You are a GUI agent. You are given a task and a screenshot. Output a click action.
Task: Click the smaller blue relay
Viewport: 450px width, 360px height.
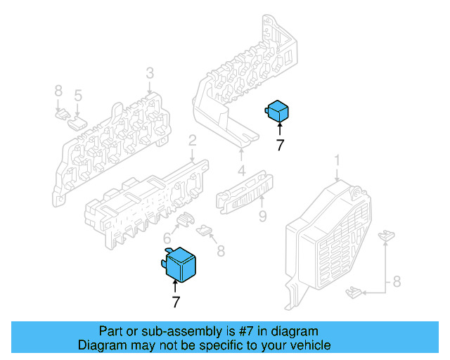pos(278,111)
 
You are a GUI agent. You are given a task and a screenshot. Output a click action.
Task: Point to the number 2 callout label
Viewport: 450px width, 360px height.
pos(191,143)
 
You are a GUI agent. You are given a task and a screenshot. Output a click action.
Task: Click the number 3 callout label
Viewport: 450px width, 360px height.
pos(150,74)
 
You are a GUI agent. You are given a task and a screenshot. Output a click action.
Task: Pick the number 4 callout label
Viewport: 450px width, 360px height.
pos(240,171)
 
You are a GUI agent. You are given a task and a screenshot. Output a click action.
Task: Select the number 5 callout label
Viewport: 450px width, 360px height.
pos(78,95)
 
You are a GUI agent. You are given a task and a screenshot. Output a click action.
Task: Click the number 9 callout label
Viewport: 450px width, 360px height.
pos(262,217)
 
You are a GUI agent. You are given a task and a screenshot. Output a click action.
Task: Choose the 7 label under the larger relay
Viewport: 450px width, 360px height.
pos(175,302)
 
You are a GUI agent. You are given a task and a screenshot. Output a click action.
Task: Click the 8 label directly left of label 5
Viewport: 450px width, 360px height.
pos(58,92)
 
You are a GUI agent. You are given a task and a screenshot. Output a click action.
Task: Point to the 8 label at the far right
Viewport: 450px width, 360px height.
pos(396,283)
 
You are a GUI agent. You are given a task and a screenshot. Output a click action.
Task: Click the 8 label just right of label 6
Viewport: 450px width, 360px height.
pos(220,250)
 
